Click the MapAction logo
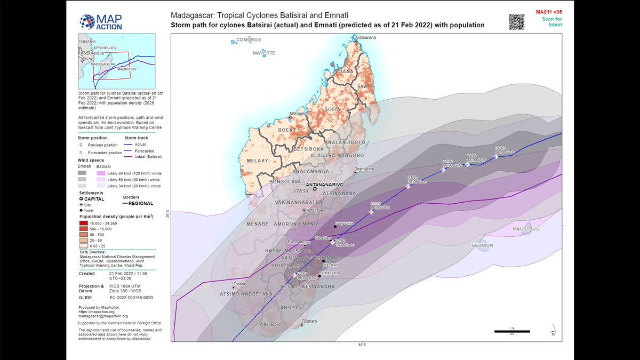(101, 21)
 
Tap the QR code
(517, 21)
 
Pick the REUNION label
(483, 245)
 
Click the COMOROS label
(249, 40)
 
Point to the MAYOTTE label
(264, 53)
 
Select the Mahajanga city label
(299, 113)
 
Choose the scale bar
(511, 331)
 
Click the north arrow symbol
(553, 330)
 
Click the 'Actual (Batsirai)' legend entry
(149, 157)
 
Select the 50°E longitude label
(361, 345)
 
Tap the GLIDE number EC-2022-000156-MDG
(132, 297)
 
